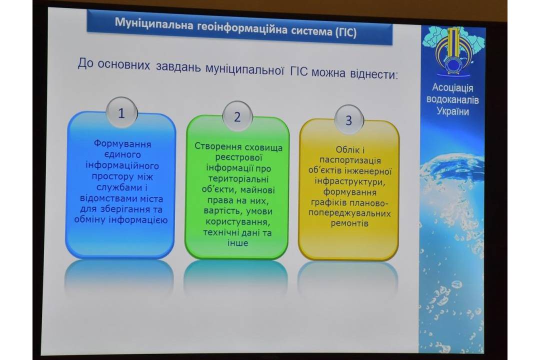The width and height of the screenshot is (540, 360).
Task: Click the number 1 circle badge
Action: (x=121, y=112)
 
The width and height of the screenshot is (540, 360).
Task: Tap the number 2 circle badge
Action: (x=237, y=116)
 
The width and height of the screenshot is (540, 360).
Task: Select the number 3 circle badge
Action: (x=348, y=120)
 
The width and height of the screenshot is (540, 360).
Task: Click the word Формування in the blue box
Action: (x=122, y=143)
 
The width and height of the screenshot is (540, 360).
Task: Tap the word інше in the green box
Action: (x=237, y=243)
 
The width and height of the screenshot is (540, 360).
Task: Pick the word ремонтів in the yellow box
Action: (x=349, y=223)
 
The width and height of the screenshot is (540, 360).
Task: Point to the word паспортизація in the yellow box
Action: (x=350, y=160)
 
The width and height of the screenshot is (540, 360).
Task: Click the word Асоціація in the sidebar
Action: (x=452, y=88)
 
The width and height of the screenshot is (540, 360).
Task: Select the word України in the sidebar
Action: (x=452, y=111)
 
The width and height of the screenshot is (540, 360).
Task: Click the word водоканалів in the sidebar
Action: (x=452, y=99)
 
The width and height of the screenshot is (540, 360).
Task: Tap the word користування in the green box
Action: (x=237, y=221)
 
